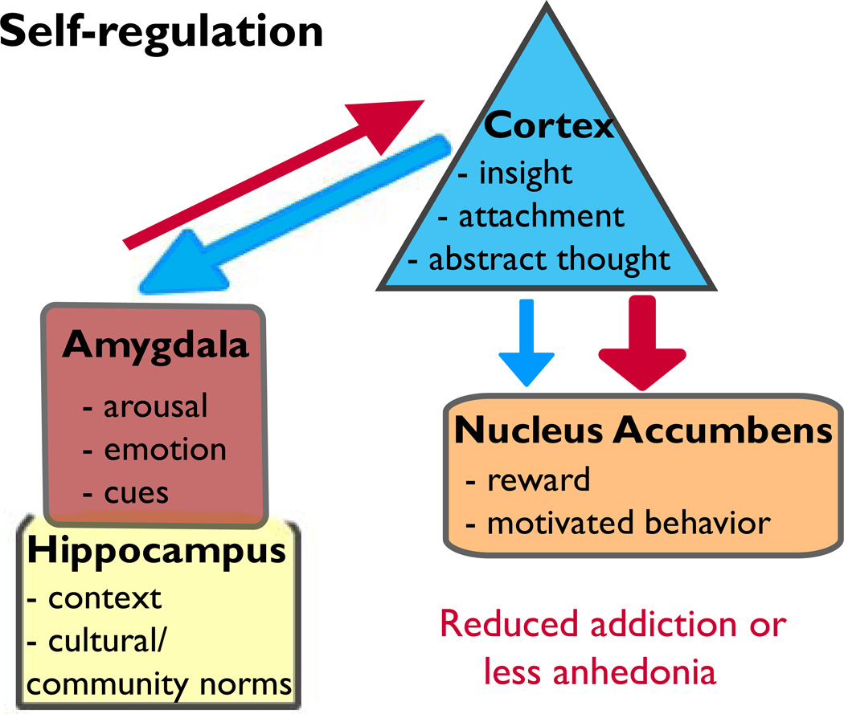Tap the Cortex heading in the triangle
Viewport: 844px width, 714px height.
pos(549,127)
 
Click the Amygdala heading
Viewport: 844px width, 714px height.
pos(155,348)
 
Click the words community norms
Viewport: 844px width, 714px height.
pos(154,683)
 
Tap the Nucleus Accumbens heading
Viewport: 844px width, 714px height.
pos(642,431)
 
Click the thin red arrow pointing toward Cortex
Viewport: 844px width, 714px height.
pos(273,173)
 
